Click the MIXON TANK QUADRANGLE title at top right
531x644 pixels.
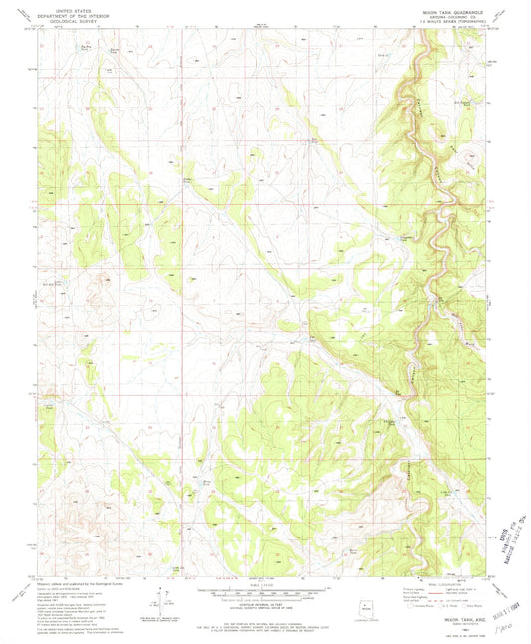tap(434, 7)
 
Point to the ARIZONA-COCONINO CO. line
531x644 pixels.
tap(435, 12)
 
